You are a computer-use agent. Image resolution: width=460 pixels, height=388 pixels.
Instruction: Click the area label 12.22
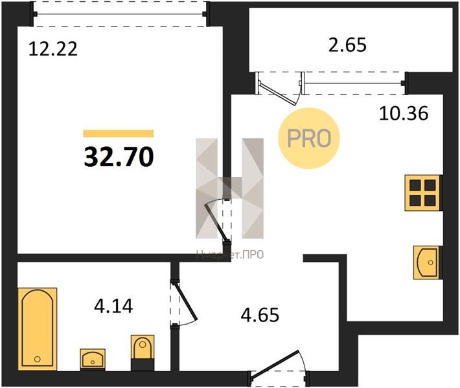(53, 49)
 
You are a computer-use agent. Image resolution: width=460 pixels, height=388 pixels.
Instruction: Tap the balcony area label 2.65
(347, 45)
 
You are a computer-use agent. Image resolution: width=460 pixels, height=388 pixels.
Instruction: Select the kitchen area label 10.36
(404, 113)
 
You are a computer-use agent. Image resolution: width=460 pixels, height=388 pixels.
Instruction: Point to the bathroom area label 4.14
(113, 306)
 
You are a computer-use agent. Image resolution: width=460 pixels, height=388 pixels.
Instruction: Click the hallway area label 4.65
(260, 315)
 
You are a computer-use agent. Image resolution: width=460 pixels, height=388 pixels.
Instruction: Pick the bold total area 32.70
(119, 157)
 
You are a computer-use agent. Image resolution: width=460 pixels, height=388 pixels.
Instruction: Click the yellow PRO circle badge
(309, 138)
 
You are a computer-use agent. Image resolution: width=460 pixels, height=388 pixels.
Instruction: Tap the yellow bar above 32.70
(119, 133)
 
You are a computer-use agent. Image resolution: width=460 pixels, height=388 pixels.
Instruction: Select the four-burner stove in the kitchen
(423, 193)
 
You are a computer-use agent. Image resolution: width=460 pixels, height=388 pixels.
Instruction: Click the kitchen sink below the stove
(428, 263)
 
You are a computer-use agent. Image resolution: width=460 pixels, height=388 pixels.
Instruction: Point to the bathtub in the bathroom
(38, 329)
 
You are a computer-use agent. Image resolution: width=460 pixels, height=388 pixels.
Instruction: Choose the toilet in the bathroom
(143, 352)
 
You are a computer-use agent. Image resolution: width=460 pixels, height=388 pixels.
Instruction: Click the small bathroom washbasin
(93, 359)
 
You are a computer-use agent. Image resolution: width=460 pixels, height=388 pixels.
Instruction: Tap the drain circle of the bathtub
(38, 359)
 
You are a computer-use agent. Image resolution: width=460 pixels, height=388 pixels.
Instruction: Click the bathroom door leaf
(186, 301)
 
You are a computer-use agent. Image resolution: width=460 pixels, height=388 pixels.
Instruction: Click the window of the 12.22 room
(120, 14)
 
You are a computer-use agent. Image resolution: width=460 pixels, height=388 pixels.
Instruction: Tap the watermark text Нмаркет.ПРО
(230, 255)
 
